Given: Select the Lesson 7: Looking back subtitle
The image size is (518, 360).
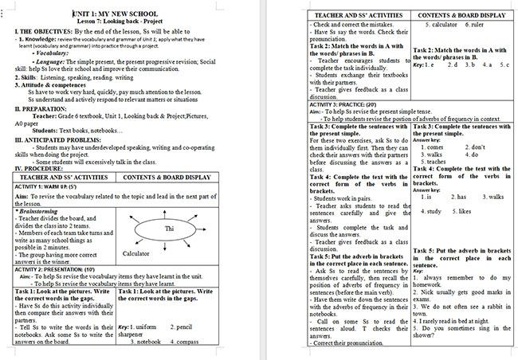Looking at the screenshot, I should pyautogui.click(x=125, y=22).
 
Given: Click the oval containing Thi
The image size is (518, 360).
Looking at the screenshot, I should pyautogui.click(x=167, y=229).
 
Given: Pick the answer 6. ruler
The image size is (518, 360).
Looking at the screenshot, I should pyautogui.click(x=472, y=25).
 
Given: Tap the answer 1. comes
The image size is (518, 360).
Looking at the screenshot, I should pyautogui.click(x=432, y=147).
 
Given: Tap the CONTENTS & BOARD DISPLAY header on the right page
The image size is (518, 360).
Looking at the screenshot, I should pyautogui.click(x=461, y=14).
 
